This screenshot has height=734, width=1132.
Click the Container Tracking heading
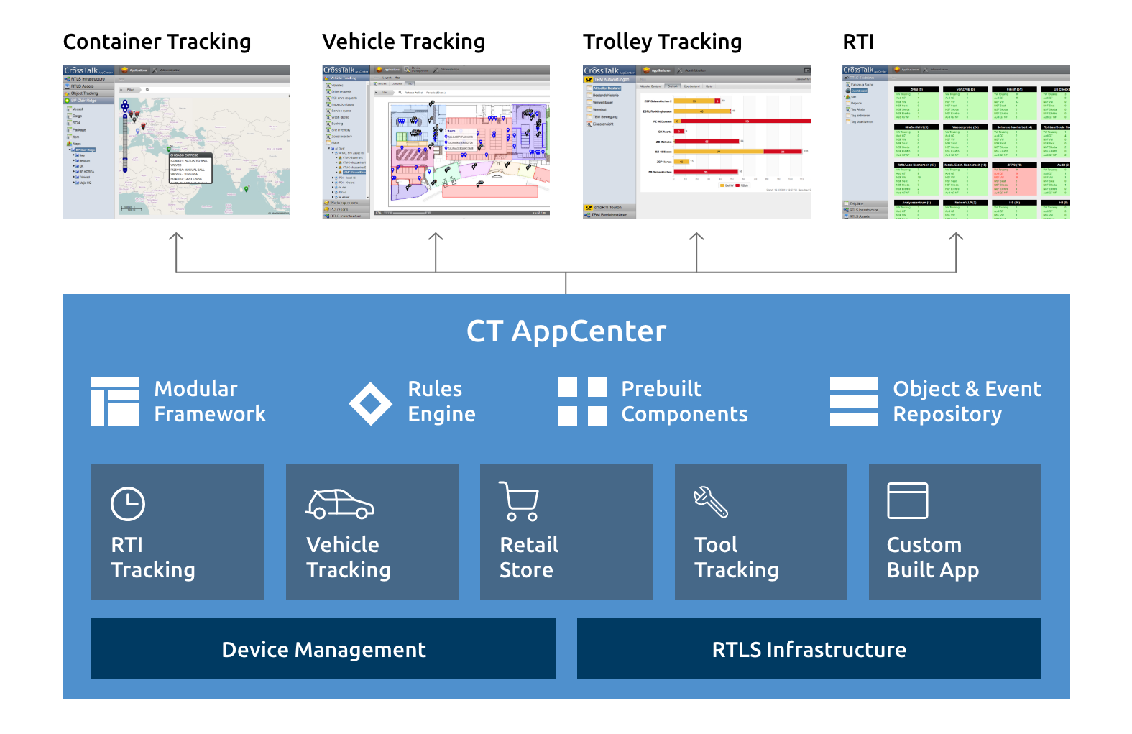[157, 42]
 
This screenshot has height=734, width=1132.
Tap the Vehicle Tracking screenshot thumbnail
[436, 142]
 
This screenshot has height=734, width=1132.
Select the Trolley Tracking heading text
[662, 42]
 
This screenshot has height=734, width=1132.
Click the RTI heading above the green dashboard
[858, 42]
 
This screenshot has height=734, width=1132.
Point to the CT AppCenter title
[566, 331]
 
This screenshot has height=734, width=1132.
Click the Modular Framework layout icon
[115, 401]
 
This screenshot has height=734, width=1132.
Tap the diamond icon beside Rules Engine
[370, 403]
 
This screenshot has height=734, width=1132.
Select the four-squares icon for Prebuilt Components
[582, 401]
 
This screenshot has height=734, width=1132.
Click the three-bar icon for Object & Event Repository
[854, 401]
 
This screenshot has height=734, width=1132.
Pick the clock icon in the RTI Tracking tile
[128, 503]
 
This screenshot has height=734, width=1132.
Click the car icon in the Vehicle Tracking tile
[339, 504]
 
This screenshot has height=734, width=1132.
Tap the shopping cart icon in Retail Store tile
[519, 501]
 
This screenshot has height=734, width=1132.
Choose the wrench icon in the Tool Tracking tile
[710, 502]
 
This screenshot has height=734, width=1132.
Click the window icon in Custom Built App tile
[907, 500]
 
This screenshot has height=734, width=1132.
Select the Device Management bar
[323, 649]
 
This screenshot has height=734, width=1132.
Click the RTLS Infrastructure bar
[809, 649]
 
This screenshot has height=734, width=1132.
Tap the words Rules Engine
[441, 401]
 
